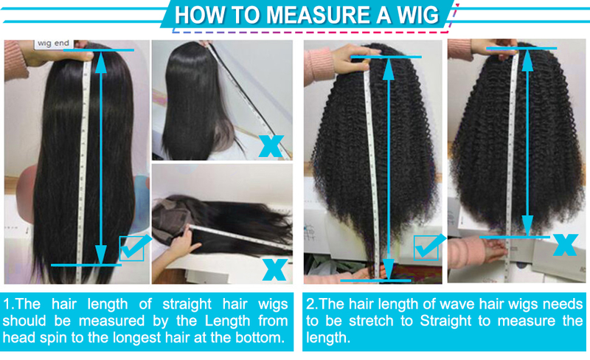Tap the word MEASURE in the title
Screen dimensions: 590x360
tap(319, 15)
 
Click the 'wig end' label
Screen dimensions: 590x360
tap(53, 44)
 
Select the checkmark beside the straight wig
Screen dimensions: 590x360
tap(134, 247)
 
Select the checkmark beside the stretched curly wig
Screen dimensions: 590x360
tap(429, 247)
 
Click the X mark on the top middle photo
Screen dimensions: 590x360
tap(271, 146)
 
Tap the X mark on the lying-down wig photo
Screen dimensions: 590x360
tap(274, 269)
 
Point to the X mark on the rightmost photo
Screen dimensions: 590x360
tap(565, 245)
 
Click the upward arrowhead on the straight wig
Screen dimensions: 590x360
tap(100, 63)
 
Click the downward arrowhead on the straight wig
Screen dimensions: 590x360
tap(100, 255)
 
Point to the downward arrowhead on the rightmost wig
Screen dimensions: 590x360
tap(527, 225)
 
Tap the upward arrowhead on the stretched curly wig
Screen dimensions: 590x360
tap(389, 69)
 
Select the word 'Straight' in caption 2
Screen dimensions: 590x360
tap(445, 321)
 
